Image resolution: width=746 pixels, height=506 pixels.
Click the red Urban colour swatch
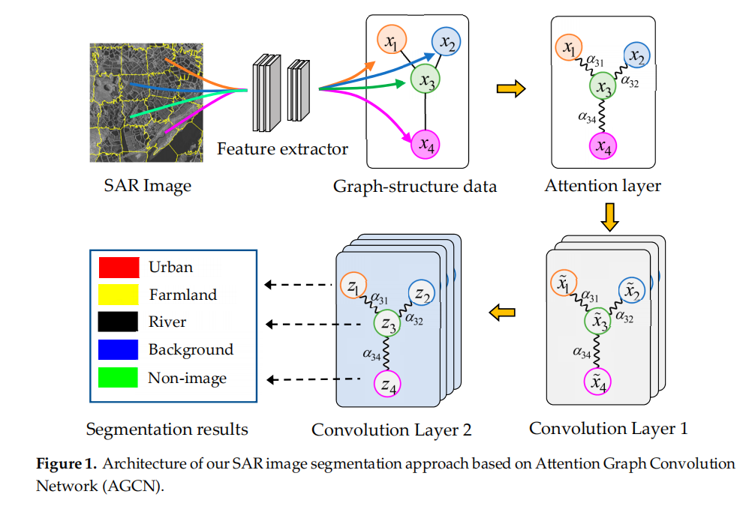click(x=119, y=267)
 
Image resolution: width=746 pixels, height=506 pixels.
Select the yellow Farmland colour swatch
click(x=119, y=295)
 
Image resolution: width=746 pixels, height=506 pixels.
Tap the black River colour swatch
click(x=119, y=322)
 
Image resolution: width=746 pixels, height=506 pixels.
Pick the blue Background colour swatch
click(x=119, y=350)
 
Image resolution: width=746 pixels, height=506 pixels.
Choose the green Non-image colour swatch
click(x=119, y=378)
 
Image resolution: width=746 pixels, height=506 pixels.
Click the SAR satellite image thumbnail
click(x=147, y=103)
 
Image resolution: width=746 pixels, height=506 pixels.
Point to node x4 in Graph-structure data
click(x=426, y=145)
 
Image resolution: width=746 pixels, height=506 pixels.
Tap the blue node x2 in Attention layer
click(x=637, y=55)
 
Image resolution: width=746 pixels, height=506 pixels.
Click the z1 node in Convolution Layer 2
click(x=353, y=286)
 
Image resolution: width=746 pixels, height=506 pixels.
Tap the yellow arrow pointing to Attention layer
click(x=510, y=89)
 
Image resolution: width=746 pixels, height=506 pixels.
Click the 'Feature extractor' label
click(x=282, y=149)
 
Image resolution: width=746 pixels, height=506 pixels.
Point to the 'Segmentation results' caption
click(x=167, y=430)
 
